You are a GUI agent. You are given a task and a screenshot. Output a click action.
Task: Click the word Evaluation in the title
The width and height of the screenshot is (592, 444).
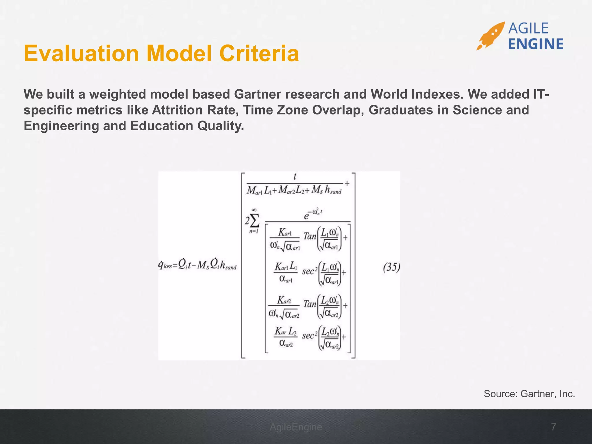coord(81,54)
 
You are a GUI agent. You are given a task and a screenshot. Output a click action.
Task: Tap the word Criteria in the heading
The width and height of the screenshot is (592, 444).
coord(259,54)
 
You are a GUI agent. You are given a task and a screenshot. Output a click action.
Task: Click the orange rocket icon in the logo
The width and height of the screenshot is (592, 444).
coord(491,36)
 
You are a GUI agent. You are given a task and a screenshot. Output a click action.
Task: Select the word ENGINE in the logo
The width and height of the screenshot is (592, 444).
coord(535,44)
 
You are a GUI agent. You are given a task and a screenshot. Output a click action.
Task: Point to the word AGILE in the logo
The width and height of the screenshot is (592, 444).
coord(528,28)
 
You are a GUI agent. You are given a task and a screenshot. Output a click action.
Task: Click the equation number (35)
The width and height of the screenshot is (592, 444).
coord(391,267)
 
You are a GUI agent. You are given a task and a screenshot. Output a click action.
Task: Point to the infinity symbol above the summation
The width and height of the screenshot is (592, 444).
coord(254,210)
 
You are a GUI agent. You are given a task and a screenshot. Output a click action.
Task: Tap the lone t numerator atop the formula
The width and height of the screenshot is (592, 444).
coord(295,177)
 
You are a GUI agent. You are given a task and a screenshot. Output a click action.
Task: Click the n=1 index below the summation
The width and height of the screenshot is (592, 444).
coord(254,231)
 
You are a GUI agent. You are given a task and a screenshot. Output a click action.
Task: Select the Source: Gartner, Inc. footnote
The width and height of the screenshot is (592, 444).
coord(529,394)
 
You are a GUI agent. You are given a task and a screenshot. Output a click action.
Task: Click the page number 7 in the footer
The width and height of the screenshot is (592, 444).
coord(553,427)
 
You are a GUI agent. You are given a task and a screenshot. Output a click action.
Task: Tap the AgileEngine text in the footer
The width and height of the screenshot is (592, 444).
coord(296,427)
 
